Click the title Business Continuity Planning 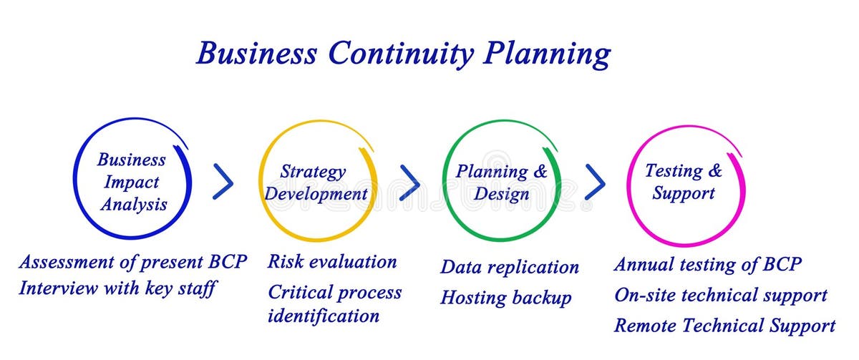[x=403, y=54]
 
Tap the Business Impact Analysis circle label [x=132, y=182]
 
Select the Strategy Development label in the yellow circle [x=316, y=183]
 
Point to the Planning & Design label [x=501, y=183]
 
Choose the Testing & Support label [x=684, y=182]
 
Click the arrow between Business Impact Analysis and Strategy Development [x=223, y=182]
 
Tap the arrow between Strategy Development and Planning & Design [x=409, y=182]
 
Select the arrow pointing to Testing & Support [x=595, y=182]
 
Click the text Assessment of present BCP [x=132, y=261]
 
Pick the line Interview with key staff [x=117, y=288]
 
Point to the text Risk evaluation [x=332, y=261]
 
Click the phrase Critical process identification [x=334, y=303]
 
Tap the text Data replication [x=509, y=267]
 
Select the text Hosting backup [x=505, y=297]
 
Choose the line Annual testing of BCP [x=707, y=263]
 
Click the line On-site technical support [x=720, y=294]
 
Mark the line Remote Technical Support [x=724, y=326]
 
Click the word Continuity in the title [x=400, y=54]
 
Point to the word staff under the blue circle [x=195, y=288]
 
